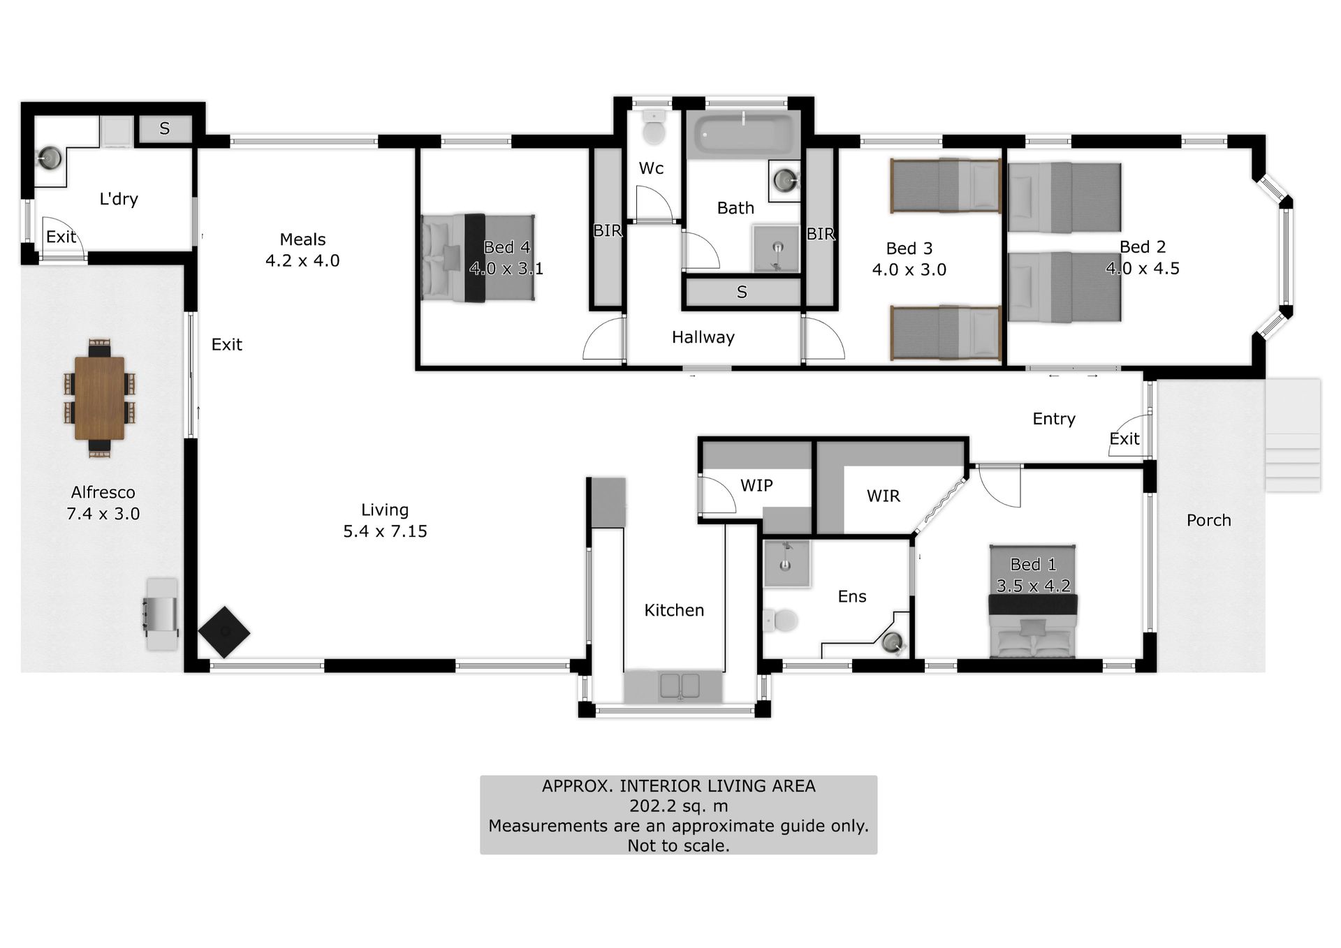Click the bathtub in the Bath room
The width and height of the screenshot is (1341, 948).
pos(744,133)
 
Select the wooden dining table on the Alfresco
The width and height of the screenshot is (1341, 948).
pos(99,398)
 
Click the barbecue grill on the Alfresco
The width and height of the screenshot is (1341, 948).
pos(161,614)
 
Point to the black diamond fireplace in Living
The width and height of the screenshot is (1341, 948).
pos(224,632)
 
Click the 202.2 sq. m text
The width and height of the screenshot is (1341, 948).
pos(678,806)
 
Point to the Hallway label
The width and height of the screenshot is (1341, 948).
pos(703,337)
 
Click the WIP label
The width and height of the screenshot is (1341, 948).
pos(756,485)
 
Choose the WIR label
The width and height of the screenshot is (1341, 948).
pos(884,496)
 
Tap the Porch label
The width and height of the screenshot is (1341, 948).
pos(1208,520)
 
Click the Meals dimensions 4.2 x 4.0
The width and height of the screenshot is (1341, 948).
pos(302,260)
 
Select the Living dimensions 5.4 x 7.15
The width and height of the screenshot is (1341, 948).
pos(385,531)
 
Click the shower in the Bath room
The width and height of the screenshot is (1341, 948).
pos(776,249)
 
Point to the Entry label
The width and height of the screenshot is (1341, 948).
pos(1054,419)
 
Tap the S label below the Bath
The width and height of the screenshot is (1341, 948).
pos(742,292)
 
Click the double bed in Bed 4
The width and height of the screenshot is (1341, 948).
pos(478,258)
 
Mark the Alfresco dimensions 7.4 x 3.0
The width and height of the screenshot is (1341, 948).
pos(103,514)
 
